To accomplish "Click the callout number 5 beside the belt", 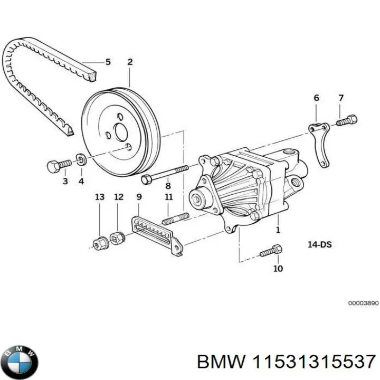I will point(108,62).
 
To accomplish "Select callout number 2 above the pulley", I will point(129,62).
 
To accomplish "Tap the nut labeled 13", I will point(98,243).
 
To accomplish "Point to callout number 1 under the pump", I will point(278,230).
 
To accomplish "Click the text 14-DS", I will point(319,244).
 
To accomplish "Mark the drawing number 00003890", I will point(363,303).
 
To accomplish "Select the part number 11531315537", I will point(314,362).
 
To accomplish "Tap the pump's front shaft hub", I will point(199,199).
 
